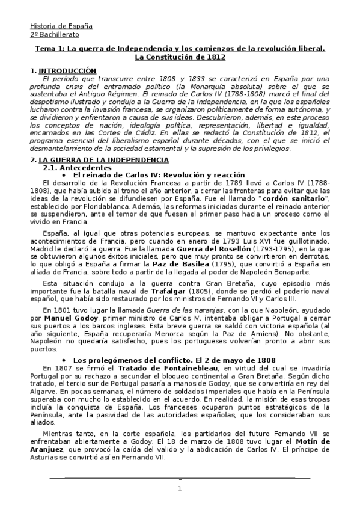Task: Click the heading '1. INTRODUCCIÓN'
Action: pos(63,71)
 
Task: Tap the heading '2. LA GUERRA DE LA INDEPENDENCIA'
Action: pos(99,159)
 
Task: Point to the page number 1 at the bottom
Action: pos(179,489)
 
